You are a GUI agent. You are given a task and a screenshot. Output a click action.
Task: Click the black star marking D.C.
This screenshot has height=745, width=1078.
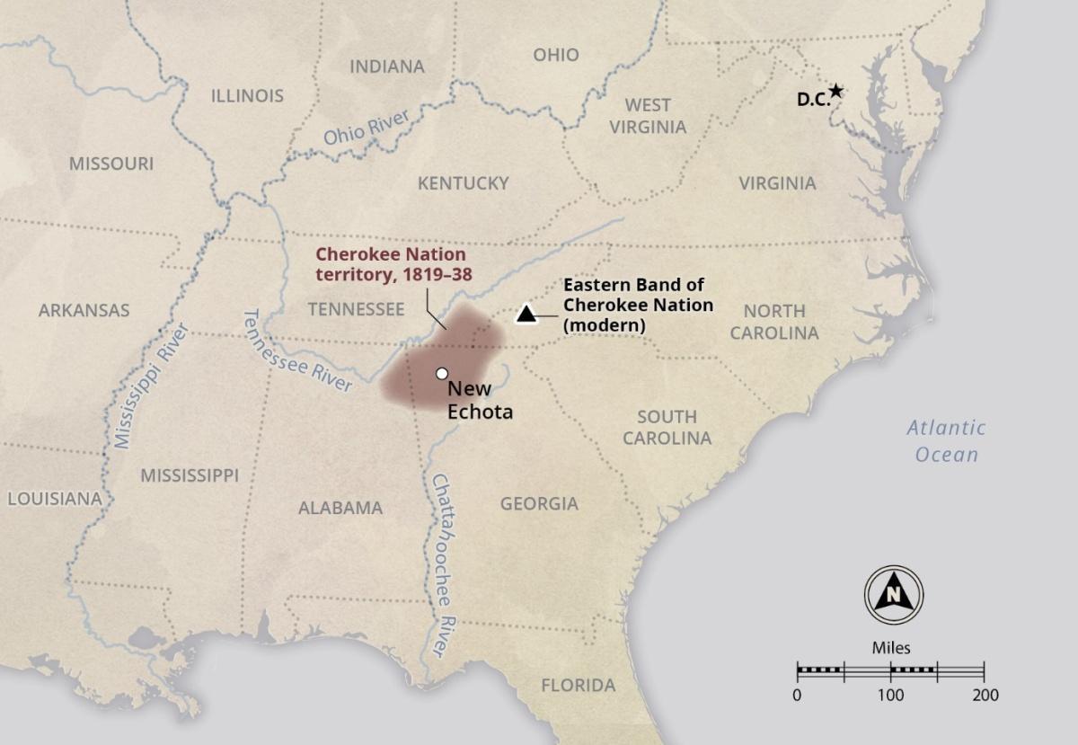tap(836, 90)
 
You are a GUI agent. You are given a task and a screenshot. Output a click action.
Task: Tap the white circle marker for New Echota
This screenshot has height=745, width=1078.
tap(441, 373)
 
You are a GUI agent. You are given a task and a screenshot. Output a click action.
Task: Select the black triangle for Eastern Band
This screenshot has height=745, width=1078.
tap(526, 314)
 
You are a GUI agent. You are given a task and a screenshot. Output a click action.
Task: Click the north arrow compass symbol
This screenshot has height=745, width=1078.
tap(894, 594)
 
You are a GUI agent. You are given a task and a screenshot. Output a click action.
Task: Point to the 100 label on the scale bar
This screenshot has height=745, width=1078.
tap(890, 695)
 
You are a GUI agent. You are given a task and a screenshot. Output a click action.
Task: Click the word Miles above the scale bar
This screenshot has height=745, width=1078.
tap(890, 647)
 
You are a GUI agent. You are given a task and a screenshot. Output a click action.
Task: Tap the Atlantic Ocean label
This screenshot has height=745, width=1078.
tap(945, 440)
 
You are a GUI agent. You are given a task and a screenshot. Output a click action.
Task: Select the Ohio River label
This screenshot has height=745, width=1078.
tap(366, 127)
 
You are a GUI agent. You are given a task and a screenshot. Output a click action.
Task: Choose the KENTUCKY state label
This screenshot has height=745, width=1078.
tap(463, 183)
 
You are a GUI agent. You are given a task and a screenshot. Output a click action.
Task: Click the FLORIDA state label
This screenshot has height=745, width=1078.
tap(578, 686)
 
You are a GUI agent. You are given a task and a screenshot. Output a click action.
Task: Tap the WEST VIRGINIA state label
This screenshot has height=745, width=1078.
tap(648, 116)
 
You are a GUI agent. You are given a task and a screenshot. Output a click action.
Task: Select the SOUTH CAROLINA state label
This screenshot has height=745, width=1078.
tap(667, 427)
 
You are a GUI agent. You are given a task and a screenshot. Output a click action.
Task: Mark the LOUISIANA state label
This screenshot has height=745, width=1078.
tap(54, 498)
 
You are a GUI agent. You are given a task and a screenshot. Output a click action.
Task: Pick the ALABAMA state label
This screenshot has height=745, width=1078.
tap(340, 508)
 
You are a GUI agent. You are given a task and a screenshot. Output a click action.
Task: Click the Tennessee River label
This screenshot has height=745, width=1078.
tap(297, 351)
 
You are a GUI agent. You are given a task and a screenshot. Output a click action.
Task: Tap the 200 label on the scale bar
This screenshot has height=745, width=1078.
tap(985, 695)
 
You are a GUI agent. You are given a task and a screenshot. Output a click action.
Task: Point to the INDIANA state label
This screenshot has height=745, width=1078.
tap(386, 67)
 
